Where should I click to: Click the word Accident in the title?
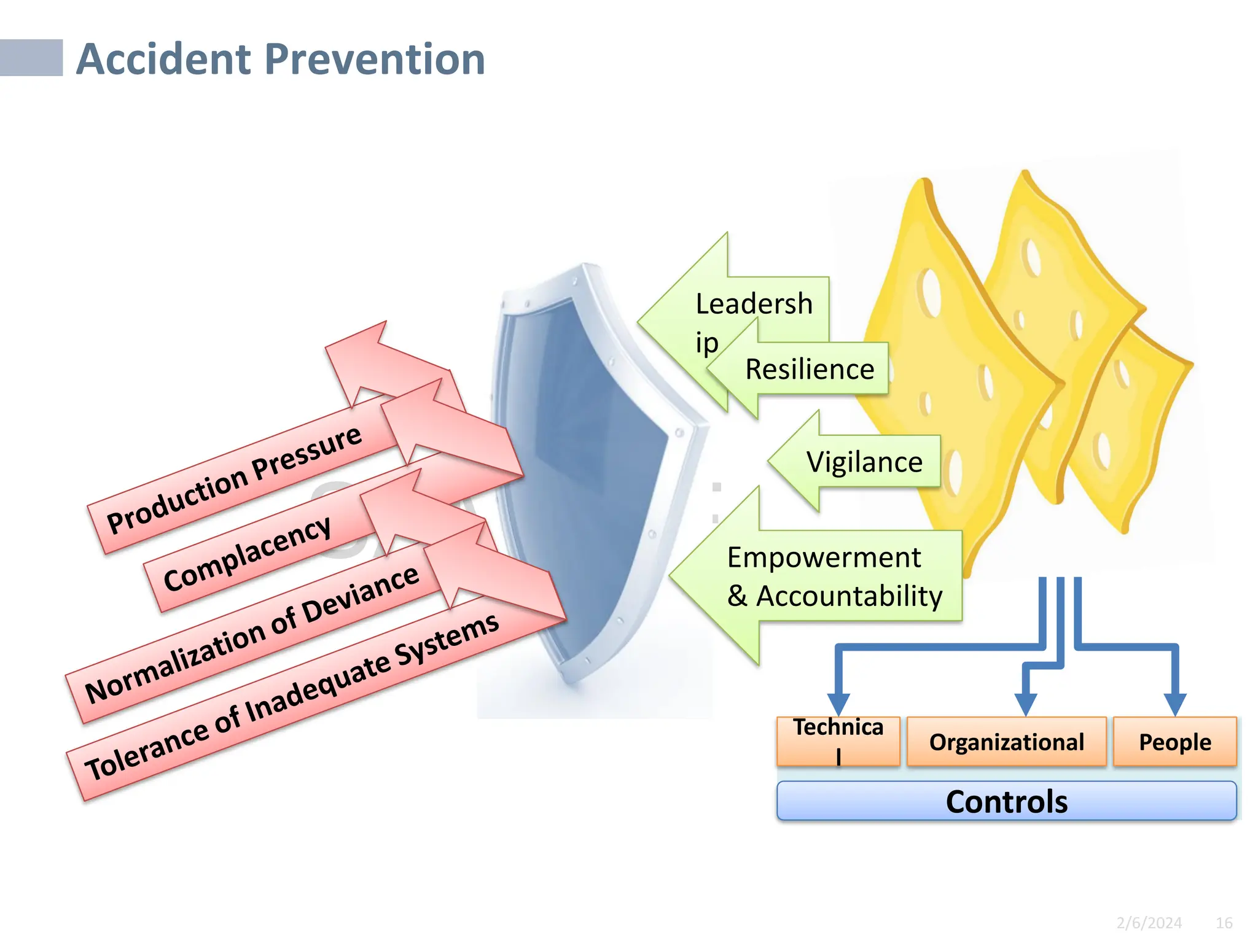click(164, 60)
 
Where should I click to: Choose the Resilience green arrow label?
click(809, 369)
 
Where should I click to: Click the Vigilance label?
click(864, 462)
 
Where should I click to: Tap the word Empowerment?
click(823, 557)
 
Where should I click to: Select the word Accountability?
click(849, 596)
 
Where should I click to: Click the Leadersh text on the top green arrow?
click(754, 304)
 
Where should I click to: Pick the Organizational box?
click(1006, 742)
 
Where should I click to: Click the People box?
click(1174, 742)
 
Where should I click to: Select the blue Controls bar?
click(1006, 801)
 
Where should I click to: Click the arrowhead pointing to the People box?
click(1174, 704)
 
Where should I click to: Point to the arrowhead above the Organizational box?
click(1025, 704)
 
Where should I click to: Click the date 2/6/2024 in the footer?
click(1149, 923)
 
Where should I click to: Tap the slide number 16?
click(1224, 923)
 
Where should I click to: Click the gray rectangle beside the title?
click(31, 58)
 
